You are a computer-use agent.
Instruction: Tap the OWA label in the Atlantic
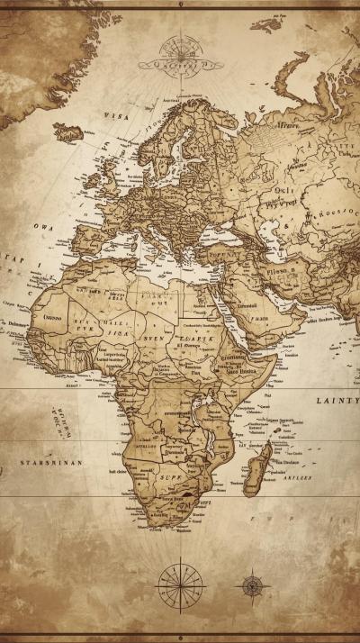[42, 227]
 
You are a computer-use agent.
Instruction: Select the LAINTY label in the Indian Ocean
[337, 399]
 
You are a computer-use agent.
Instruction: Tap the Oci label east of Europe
[283, 191]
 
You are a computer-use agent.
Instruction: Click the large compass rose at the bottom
[181, 585]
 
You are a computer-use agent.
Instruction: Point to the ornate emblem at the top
[180, 53]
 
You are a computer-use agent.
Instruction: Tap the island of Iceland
[70, 132]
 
